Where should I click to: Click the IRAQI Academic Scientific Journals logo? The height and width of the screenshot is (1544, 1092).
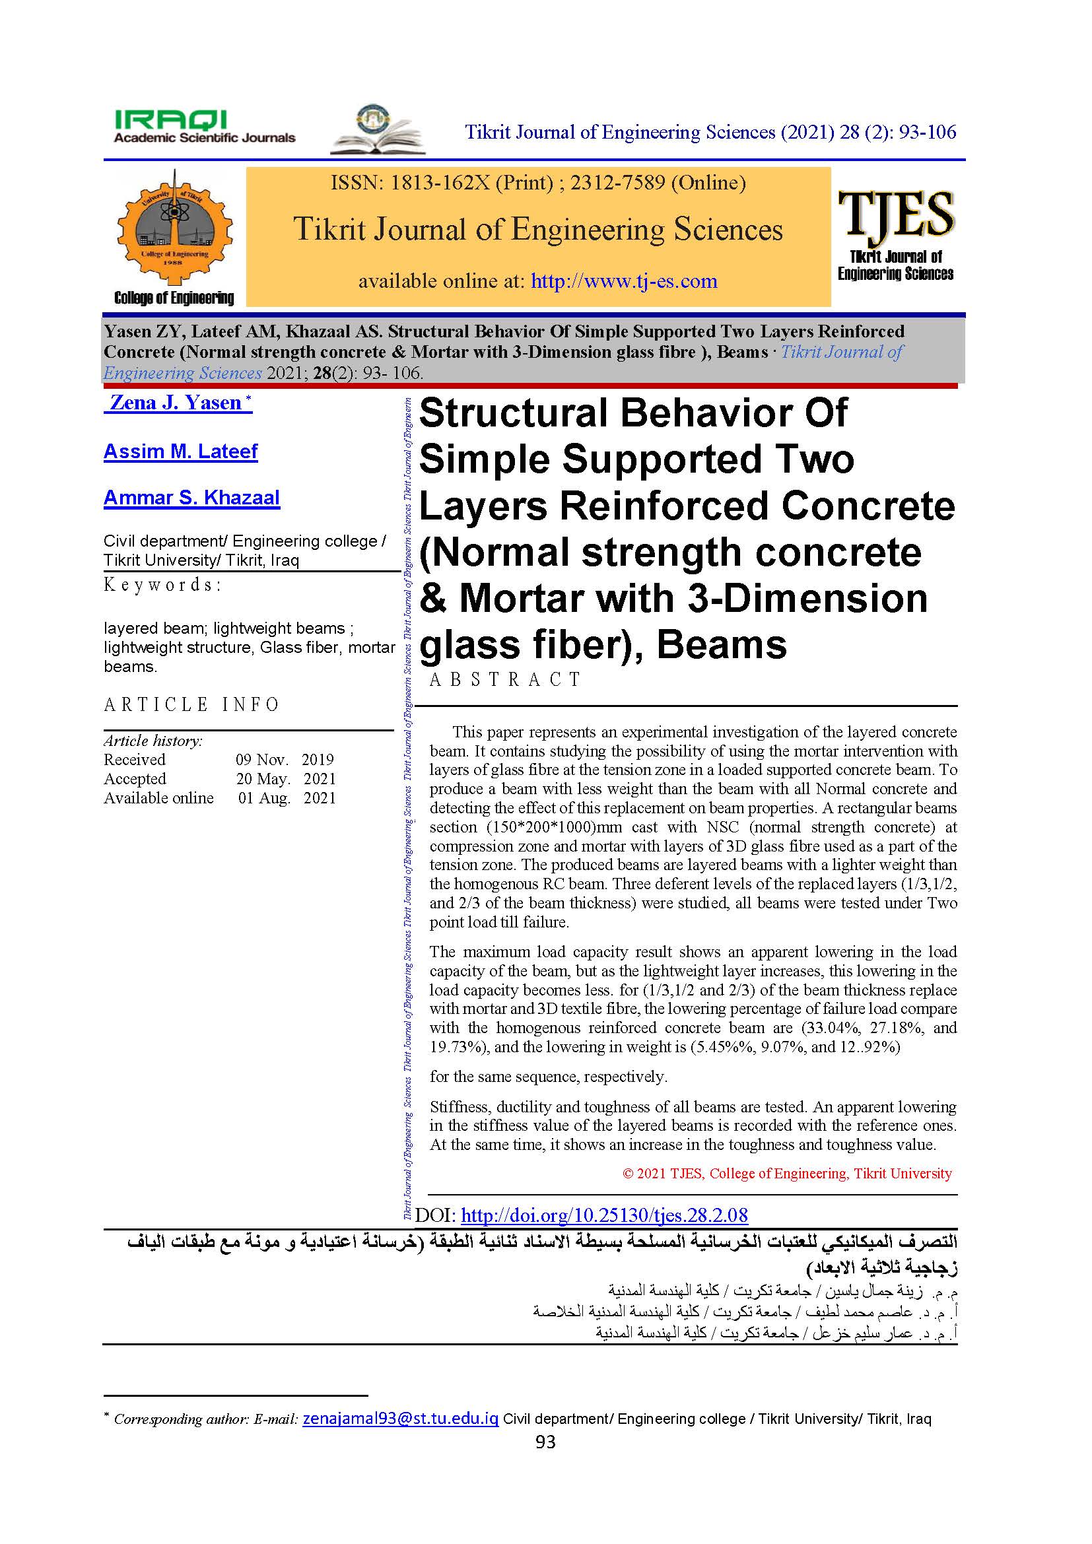pyautogui.click(x=204, y=127)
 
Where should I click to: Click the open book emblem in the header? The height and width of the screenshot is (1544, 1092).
pyautogui.click(x=377, y=131)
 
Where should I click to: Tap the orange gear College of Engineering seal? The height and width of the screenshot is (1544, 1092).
pyautogui.click(x=175, y=228)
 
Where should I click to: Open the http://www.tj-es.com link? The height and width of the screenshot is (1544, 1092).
pyautogui.click(x=623, y=281)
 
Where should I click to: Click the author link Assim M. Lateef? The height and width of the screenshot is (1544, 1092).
pyautogui.click(x=180, y=452)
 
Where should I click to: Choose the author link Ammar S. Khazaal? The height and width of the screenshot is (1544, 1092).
pyautogui.click(x=191, y=498)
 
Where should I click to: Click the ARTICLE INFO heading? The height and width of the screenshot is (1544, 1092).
pyautogui.click(x=191, y=705)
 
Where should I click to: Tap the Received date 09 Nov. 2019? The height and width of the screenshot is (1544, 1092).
pyautogui.click(x=285, y=759)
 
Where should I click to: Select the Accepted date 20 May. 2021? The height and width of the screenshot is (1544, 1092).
pyautogui.click(x=285, y=779)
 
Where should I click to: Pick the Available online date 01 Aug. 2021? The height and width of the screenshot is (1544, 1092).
pyautogui.click(x=287, y=798)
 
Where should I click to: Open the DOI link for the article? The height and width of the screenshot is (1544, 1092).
pyautogui.click(x=604, y=1215)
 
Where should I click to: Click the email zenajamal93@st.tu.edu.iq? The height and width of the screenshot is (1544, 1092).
pyautogui.click(x=400, y=1419)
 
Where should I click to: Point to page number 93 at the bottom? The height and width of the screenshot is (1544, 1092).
pyautogui.click(x=545, y=1442)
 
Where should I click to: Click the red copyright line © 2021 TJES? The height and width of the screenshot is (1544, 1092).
pyautogui.click(x=787, y=1174)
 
